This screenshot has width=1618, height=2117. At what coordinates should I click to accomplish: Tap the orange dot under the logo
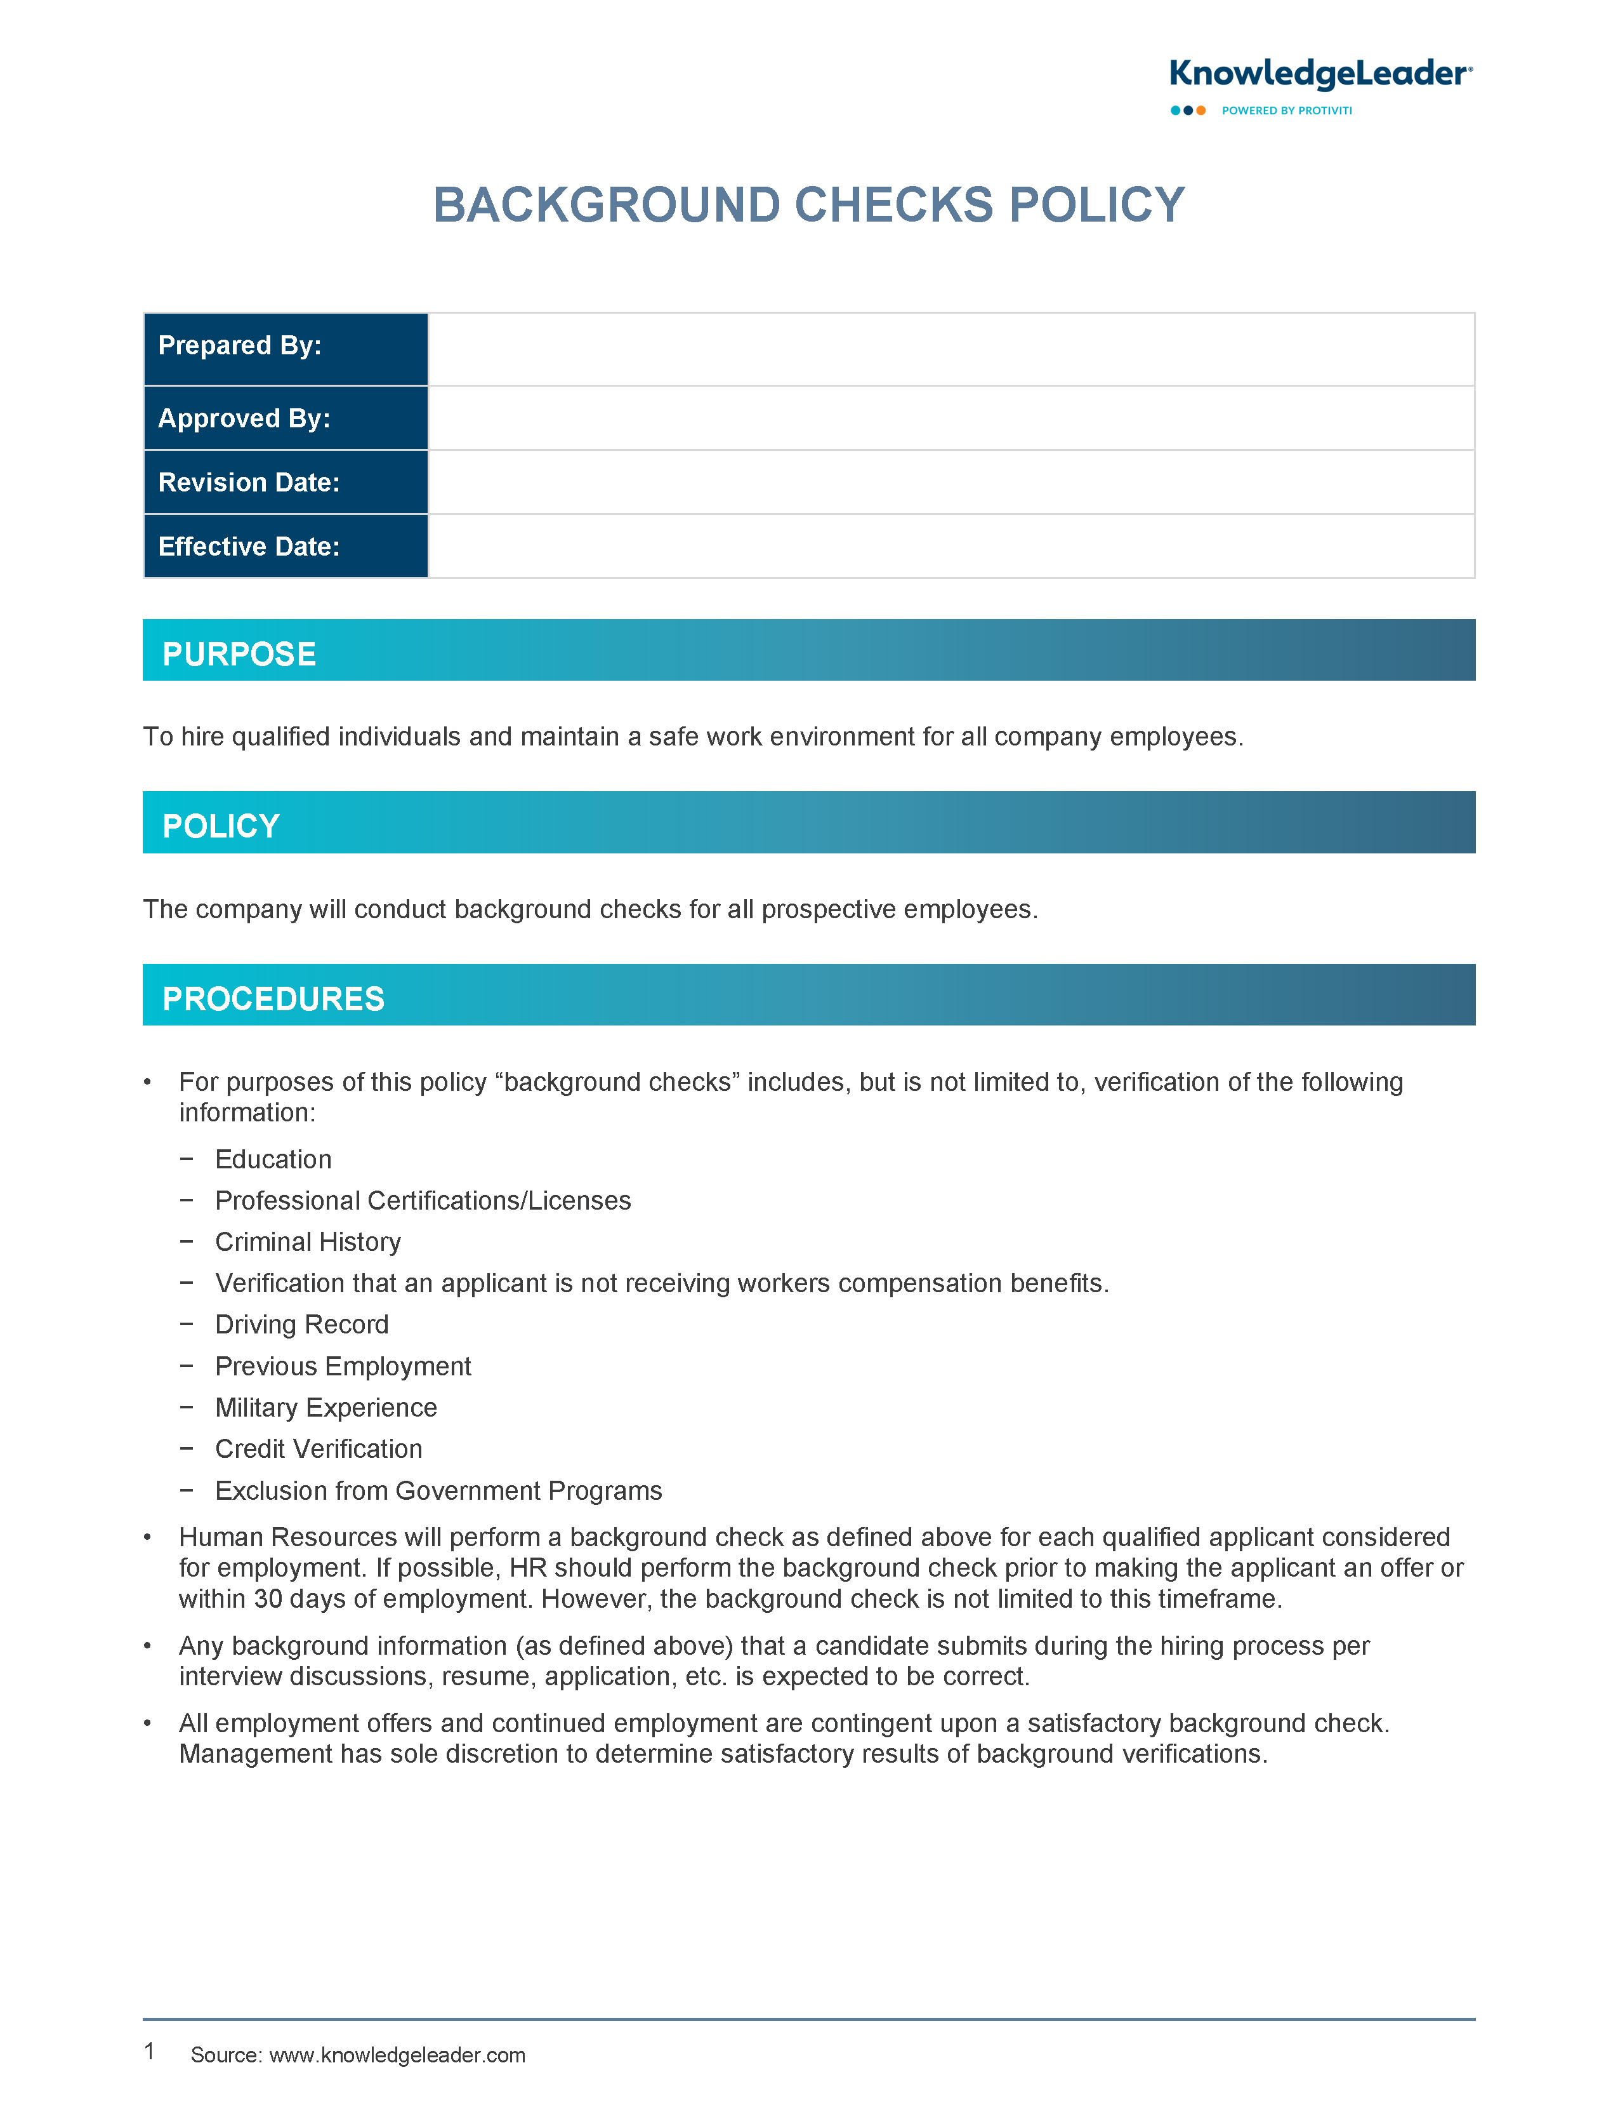(x=1201, y=111)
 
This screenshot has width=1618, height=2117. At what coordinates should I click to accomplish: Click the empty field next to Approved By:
(x=950, y=418)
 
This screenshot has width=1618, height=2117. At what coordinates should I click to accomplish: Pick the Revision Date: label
(x=249, y=483)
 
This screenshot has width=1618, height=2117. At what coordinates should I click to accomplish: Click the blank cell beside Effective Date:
(x=950, y=546)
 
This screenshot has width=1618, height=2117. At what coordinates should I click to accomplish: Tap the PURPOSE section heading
(x=239, y=654)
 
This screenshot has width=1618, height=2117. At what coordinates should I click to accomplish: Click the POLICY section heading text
(x=221, y=827)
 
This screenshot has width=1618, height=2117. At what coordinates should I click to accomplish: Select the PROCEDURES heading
(x=273, y=999)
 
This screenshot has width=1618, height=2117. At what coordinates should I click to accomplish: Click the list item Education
(x=273, y=1159)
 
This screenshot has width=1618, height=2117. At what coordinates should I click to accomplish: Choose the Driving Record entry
(x=301, y=1325)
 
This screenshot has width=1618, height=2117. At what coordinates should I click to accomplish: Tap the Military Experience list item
(x=326, y=1408)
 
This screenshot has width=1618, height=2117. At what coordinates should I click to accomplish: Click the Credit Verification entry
(x=319, y=1449)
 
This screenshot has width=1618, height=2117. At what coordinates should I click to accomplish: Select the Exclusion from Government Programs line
(x=438, y=1491)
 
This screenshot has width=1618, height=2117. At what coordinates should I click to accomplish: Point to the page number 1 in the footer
(x=149, y=2052)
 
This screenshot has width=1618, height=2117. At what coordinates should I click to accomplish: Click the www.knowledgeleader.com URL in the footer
(x=397, y=2055)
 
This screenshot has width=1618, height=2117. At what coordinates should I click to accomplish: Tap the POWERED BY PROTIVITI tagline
(x=1287, y=111)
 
